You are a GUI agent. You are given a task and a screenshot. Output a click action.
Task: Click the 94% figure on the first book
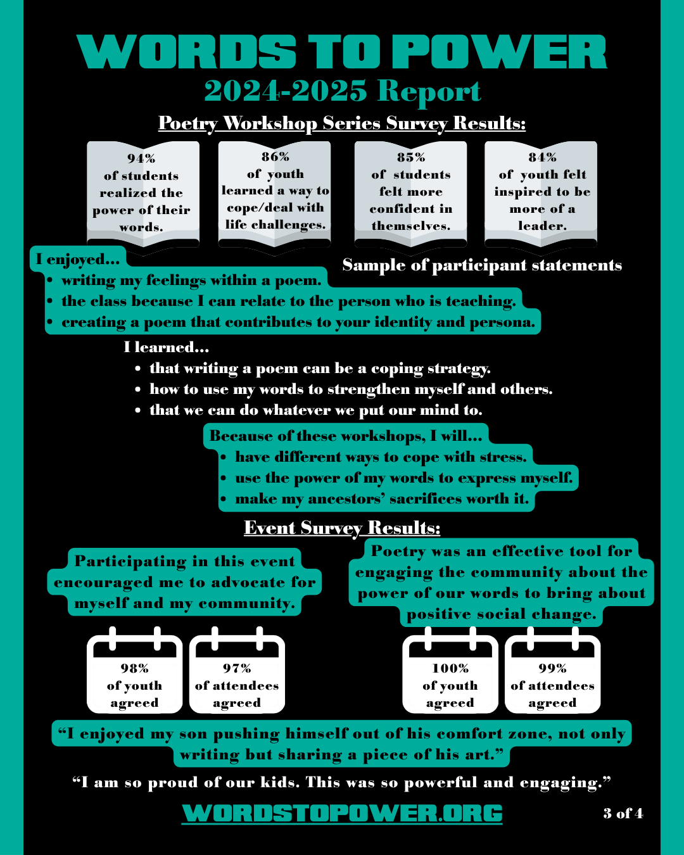141,158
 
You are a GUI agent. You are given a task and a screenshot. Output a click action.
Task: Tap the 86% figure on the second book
275,156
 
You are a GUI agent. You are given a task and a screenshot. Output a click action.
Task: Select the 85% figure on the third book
411,157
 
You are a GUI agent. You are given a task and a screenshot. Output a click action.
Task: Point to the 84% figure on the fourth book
542,157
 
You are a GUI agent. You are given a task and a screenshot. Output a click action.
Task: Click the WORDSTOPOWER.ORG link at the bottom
342,813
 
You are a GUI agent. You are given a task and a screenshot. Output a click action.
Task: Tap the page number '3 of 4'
623,813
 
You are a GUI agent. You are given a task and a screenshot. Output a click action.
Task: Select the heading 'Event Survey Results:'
342,528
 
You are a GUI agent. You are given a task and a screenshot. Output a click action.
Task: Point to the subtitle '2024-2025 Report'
342,91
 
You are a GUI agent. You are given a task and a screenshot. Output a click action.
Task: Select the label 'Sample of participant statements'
482,265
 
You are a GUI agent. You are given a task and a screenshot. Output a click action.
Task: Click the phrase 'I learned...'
167,347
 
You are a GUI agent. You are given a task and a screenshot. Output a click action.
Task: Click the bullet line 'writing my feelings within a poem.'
191,281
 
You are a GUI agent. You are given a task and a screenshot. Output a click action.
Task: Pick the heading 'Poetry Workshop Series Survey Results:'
342,123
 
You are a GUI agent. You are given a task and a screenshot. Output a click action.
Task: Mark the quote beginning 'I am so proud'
342,783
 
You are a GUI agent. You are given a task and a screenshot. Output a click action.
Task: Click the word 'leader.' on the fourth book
542,226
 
